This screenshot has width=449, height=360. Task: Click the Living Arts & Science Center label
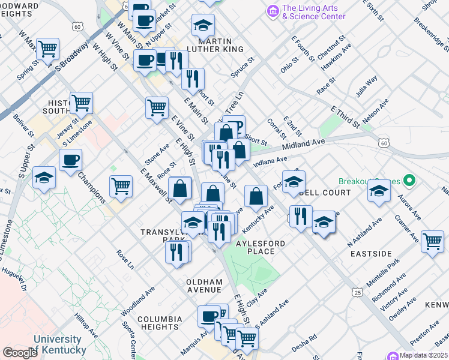313,12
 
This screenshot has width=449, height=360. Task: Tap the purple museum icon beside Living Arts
273,11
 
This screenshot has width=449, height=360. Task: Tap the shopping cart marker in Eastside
432,242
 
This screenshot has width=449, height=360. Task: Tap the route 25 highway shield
358,292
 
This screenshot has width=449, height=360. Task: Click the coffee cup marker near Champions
70,160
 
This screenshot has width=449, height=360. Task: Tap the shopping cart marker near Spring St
47,49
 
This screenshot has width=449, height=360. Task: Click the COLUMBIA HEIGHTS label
160,323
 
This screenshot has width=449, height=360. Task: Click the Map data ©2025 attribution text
424,355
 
